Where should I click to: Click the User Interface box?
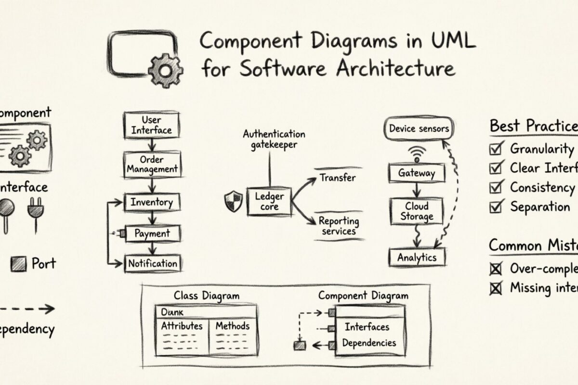152,125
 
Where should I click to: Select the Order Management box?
152,164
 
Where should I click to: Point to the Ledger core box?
269,202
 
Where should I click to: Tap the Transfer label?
338,178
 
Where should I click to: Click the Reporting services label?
339,226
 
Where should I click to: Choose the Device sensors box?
418,128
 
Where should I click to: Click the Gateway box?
417,173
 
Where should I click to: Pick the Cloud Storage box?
417,211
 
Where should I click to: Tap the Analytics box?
417,257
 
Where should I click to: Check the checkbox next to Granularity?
495,149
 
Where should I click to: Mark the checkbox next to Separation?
495,207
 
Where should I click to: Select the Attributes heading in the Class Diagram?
182,326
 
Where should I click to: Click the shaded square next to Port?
18,263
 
